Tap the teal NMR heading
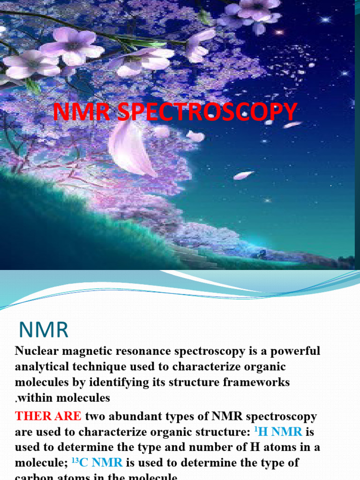click(44, 330)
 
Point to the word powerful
click(293, 351)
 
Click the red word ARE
click(68, 416)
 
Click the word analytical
click(41, 367)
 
